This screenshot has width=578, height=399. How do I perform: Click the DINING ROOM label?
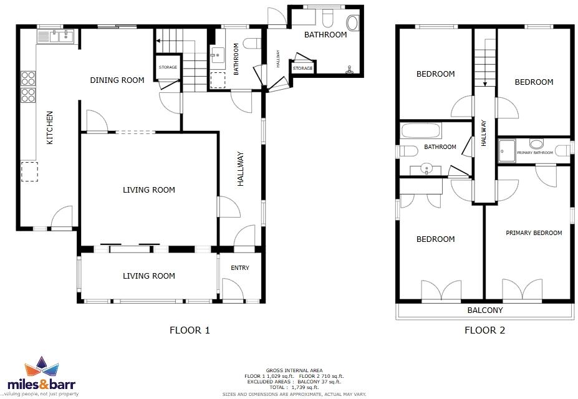[x=117, y=80]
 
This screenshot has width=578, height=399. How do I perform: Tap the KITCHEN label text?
[x=50, y=128]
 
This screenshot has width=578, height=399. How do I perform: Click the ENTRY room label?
[x=239, y=268]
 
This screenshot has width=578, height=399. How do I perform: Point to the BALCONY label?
[x=484, y=310]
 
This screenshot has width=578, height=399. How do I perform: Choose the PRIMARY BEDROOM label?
[x=534, y=233]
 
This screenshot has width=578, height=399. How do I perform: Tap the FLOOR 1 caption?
[x=190, y=330]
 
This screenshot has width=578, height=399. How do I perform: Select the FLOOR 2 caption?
[x=484, y=330]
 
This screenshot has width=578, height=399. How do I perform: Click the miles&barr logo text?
[x=50, y=384]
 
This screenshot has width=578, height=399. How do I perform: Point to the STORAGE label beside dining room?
[x=168, y=67]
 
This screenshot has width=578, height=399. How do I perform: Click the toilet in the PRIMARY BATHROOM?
[x=537, y=144]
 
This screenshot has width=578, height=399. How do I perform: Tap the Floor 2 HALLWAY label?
[x=484, y=133]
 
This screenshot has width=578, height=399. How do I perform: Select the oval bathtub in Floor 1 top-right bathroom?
[x=352, y=24]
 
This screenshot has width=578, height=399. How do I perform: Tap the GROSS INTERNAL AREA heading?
[x=294, y=370]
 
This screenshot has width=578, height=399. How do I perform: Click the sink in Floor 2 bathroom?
[x=426, y=168]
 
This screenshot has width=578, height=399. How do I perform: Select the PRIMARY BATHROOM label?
[x=535, y=153]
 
